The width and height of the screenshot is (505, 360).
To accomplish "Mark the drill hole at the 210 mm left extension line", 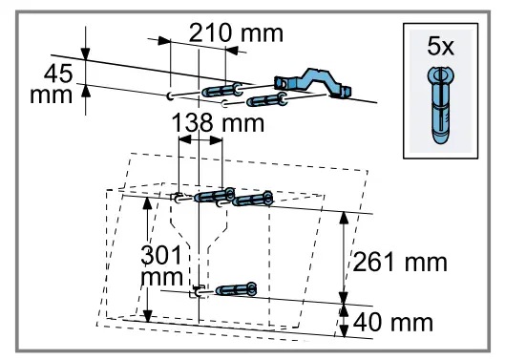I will tap(169, 95).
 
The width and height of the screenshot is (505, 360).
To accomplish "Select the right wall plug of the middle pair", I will tap(251, 199).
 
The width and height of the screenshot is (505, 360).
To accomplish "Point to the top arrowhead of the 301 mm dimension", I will tap(147, 202).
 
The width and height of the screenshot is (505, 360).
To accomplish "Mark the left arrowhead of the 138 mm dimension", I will tap(181, 138).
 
